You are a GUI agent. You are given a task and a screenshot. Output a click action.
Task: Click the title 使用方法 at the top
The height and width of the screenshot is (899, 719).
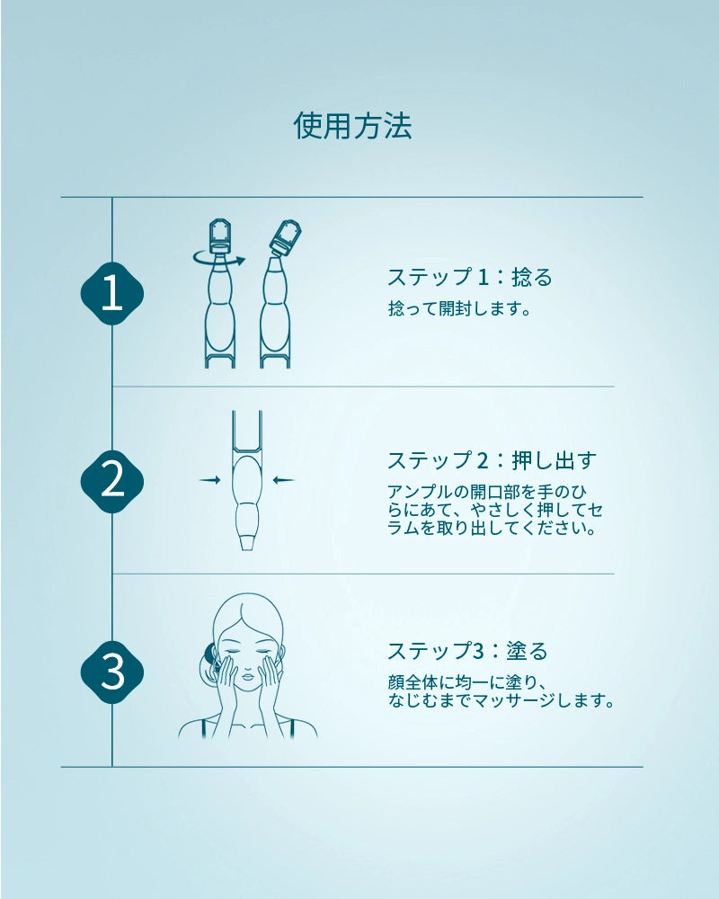352,126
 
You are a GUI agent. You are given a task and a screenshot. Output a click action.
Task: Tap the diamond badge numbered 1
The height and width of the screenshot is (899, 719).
111,294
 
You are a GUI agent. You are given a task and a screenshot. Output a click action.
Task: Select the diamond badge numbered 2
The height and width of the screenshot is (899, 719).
111,482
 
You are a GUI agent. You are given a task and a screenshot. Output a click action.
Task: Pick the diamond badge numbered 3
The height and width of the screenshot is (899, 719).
111,672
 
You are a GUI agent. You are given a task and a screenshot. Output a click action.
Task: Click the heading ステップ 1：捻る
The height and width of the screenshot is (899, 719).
470,278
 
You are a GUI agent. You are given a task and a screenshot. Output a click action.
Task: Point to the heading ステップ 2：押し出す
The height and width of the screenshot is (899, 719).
493,460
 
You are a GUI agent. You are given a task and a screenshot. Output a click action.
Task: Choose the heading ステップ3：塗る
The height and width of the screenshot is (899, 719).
468,651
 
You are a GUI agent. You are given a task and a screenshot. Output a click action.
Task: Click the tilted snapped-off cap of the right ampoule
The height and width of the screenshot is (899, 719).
286,236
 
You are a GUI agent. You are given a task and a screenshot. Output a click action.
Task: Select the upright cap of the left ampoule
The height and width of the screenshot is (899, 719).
221,234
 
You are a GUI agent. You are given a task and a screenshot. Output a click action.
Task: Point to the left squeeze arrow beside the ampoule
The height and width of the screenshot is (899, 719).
209,480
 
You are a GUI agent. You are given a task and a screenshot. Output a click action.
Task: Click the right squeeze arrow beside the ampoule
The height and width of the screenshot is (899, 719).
283,480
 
